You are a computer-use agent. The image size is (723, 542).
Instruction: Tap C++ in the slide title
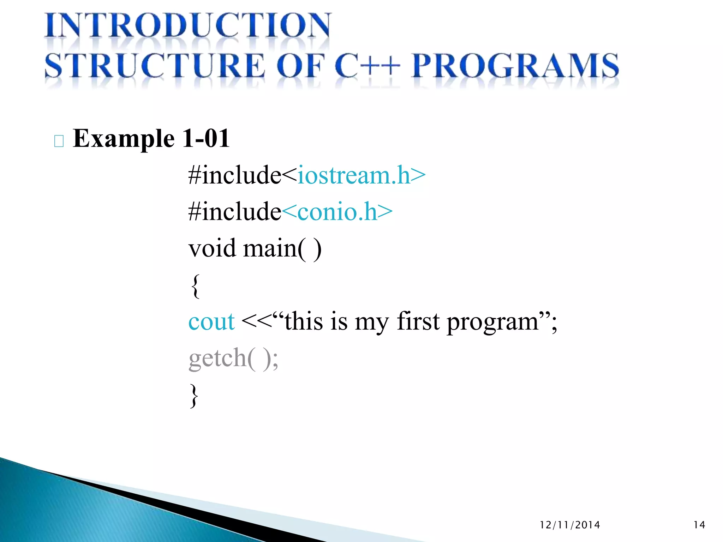point(367,66)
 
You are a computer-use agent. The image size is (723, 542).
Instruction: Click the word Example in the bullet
point(124,139)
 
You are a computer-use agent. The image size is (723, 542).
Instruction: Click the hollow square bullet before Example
point(59,141)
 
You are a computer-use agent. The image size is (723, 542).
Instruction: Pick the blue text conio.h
point(337,212)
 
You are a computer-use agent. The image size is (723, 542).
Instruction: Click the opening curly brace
point(195,286)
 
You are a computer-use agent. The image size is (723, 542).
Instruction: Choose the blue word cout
point(211,322)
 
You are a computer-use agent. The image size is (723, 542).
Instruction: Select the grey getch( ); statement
point(233,359)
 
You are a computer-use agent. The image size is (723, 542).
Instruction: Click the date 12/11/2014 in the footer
point(570,525)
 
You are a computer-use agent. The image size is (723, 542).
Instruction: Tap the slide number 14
point(699,525)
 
